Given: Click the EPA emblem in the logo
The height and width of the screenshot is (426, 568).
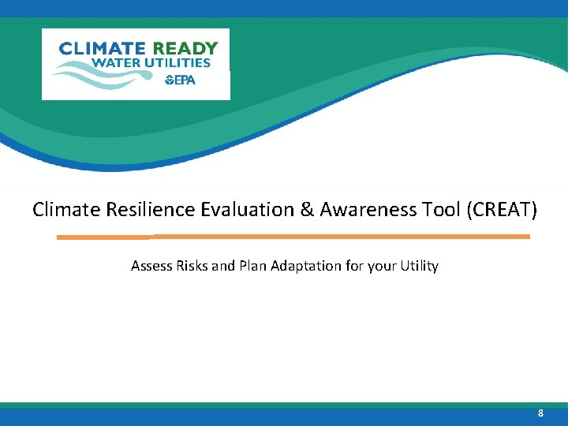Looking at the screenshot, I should point(180,80).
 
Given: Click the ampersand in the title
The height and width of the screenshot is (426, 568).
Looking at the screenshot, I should point(283,210).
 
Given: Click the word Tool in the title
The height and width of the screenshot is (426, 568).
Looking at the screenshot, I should point(409,210).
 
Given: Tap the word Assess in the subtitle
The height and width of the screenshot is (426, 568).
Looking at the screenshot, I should point(151,266).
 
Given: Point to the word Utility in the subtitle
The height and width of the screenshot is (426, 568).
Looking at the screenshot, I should point(419,266).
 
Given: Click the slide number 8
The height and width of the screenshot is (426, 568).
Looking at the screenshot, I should point(540,413).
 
